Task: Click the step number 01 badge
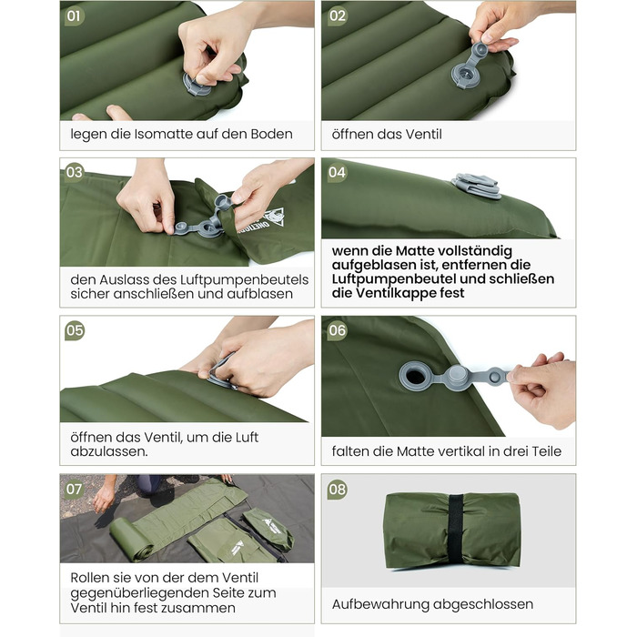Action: pos(74,16)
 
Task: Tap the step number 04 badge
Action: pos(337,173)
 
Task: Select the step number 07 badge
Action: pos(74,489)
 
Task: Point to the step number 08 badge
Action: pos(337,490)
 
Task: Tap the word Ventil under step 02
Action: pos(423,134)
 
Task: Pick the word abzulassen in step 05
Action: pos(108,451)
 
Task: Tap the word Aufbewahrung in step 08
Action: pos(380,604)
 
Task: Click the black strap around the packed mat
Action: pos(455,531)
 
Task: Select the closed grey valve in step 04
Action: pos(477,186)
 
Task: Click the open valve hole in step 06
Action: pos(415,376)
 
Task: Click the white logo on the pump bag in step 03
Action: pos(273,219)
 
